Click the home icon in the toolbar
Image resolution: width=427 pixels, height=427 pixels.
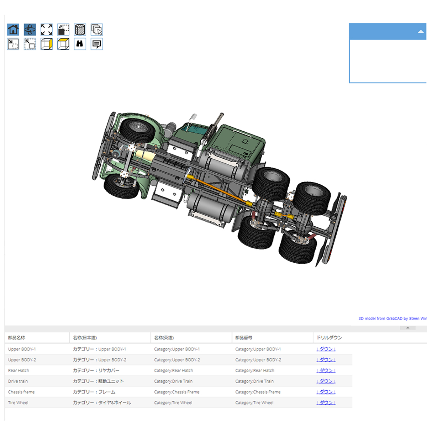click(x=13, y=30)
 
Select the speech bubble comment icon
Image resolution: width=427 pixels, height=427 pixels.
click(x=97, y=44)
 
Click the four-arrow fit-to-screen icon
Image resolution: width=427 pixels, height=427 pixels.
click(x=47, y=30)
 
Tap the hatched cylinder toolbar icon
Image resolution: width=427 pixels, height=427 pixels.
click(x=80, y=30)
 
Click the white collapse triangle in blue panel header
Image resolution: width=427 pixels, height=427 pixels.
click(x=421, y=32)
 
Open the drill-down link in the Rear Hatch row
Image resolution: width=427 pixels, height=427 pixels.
click(x=326, y=370)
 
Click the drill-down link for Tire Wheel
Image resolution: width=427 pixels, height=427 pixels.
click(x=326, y=402)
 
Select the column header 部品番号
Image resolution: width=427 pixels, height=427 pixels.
click(x=244, y=337)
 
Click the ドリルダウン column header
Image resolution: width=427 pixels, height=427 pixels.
click(x=329, y=337)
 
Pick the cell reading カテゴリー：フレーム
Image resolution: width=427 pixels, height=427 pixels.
click(x=94, y=392)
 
